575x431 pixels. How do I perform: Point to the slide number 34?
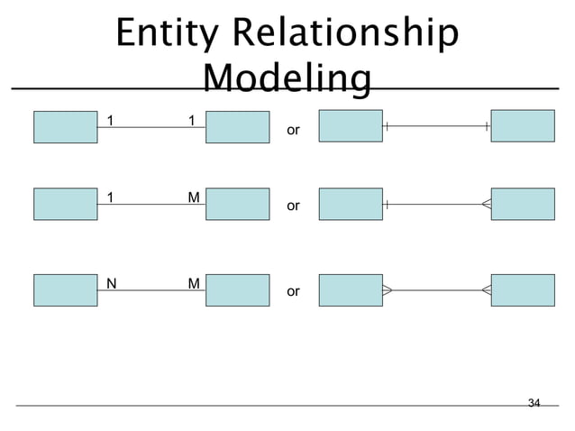(534, 402)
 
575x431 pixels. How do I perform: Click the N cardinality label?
(111, 283)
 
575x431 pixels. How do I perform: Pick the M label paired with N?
(194, 283)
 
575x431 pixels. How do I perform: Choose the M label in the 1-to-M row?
(194, 197)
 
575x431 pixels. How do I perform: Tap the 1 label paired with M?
(110, 197)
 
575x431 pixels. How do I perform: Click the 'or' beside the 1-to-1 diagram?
(292, 131)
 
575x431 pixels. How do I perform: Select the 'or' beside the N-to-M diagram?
(292, 292)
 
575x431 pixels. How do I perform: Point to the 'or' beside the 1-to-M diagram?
(292, 206)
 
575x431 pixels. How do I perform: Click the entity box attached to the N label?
(65, 290)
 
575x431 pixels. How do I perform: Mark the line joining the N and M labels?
(151, 291)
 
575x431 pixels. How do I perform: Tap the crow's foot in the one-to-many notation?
(486, 205)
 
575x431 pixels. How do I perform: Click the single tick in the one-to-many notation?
(386, 205)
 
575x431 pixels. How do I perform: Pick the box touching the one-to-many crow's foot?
(523, 204)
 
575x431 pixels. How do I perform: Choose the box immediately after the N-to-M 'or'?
(351, 290)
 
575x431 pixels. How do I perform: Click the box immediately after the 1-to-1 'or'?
(351, 126)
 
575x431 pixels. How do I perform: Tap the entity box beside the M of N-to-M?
(237, 290)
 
